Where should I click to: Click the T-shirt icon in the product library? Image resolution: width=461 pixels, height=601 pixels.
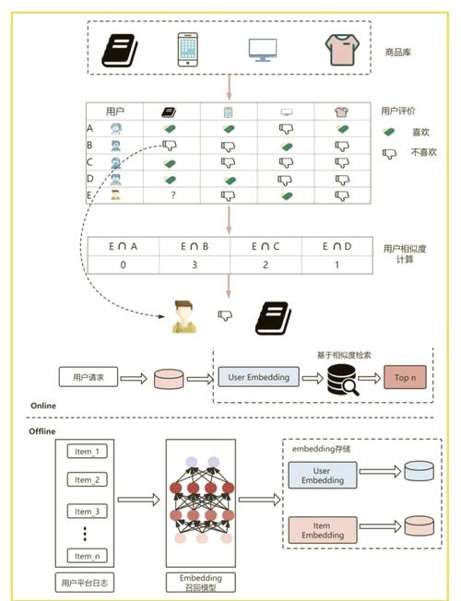point(342,50)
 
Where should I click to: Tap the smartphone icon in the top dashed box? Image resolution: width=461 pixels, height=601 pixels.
point(188,50)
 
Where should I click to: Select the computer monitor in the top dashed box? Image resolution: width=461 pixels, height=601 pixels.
point(263,50)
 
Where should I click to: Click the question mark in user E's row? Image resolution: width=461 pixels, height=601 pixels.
point(173,195)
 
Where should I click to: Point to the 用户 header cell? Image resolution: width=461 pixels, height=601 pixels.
point(114,112)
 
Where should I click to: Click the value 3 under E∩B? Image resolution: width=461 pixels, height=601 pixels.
point(195,265)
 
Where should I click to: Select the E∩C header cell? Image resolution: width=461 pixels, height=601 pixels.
point(266,246)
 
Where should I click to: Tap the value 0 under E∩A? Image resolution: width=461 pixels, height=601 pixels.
point(123,265)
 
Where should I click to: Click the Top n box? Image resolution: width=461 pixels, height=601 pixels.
point(405,378)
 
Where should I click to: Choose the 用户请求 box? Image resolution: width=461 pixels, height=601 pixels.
point(89,377)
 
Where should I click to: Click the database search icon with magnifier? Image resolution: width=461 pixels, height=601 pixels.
point(343,380)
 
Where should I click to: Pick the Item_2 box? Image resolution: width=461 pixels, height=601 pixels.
point(87,480)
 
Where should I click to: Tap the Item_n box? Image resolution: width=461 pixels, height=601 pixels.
point(87,556)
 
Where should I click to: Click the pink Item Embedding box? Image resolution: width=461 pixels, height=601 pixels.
point(323,530)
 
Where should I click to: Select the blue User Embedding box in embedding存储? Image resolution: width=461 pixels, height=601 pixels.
point(323,476)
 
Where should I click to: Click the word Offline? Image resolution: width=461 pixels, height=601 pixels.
point(42,431)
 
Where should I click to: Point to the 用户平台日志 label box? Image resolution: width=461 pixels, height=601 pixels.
point(85,583)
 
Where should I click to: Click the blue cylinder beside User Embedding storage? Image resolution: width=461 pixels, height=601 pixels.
point(420,471)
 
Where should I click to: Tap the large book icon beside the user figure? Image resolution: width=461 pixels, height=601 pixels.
point(273,318)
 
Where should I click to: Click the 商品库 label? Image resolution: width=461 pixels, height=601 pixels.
point(398,53)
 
